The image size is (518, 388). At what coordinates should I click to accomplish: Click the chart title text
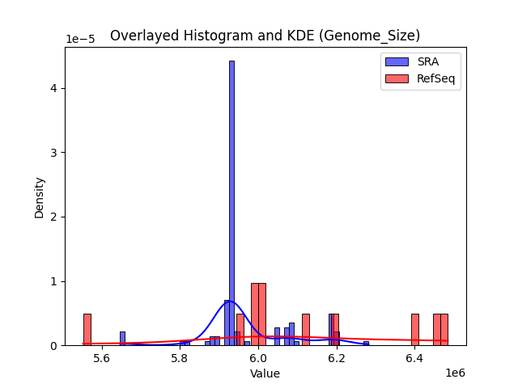(265, 36)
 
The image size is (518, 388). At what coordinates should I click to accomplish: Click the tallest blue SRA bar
(231, 202)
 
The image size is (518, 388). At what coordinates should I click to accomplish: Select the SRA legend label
(428, 61)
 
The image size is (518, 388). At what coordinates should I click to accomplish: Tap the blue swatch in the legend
(397, 61)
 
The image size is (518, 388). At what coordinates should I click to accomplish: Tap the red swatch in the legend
(397, 78)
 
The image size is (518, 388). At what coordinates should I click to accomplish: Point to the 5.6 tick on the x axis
(102, 357)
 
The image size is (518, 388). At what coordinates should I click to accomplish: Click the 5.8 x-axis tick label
(180, 357)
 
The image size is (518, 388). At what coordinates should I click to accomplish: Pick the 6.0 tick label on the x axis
(258, 357)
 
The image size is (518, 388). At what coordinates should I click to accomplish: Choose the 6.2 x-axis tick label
(336, 357)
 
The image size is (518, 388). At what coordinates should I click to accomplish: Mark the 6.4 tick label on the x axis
(414, 357)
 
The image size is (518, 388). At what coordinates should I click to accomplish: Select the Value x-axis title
(265, 373)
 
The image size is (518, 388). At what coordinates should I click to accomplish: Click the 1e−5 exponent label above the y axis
(79, 39)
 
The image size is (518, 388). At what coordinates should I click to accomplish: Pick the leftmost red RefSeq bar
(87, 330)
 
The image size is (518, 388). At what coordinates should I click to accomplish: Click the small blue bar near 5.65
(122, 339)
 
